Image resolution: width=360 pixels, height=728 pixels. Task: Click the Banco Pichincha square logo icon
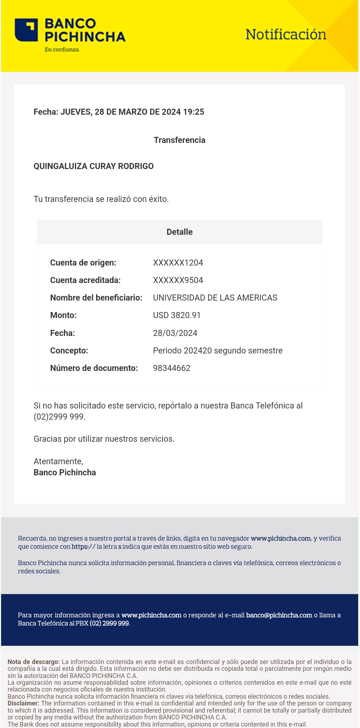[26, 30]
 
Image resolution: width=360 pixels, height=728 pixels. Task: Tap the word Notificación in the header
[286, 35]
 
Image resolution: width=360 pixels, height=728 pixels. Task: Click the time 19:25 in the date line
[194, 112]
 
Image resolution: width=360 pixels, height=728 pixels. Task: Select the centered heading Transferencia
[179, 140]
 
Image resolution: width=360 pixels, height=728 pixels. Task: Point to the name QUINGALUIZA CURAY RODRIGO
[94, 166]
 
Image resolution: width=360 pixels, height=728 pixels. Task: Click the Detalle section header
[179, 232]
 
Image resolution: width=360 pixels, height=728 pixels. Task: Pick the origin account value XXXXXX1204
[178, 263]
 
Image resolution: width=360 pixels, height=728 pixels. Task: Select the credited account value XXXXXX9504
[178, 280]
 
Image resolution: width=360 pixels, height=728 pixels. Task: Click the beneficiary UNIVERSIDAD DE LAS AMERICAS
[215, 298]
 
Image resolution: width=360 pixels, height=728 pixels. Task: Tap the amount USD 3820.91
[177, 315]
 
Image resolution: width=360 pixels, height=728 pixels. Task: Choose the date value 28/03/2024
[175, 333]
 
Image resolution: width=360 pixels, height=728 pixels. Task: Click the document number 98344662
[171, 368]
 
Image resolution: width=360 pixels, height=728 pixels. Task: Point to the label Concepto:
[69, 351]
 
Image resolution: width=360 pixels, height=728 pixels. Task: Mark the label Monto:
[63, 315]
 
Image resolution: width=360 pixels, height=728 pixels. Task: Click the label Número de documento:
[94, 368]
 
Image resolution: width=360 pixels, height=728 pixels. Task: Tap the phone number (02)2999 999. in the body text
[59, 417]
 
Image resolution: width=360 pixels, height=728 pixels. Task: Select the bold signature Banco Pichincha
[65, 472]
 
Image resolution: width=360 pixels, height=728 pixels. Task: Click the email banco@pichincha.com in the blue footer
[279, 615]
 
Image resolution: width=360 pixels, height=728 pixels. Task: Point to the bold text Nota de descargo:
[34, 662]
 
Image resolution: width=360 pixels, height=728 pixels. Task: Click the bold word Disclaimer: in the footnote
[23, 703]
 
